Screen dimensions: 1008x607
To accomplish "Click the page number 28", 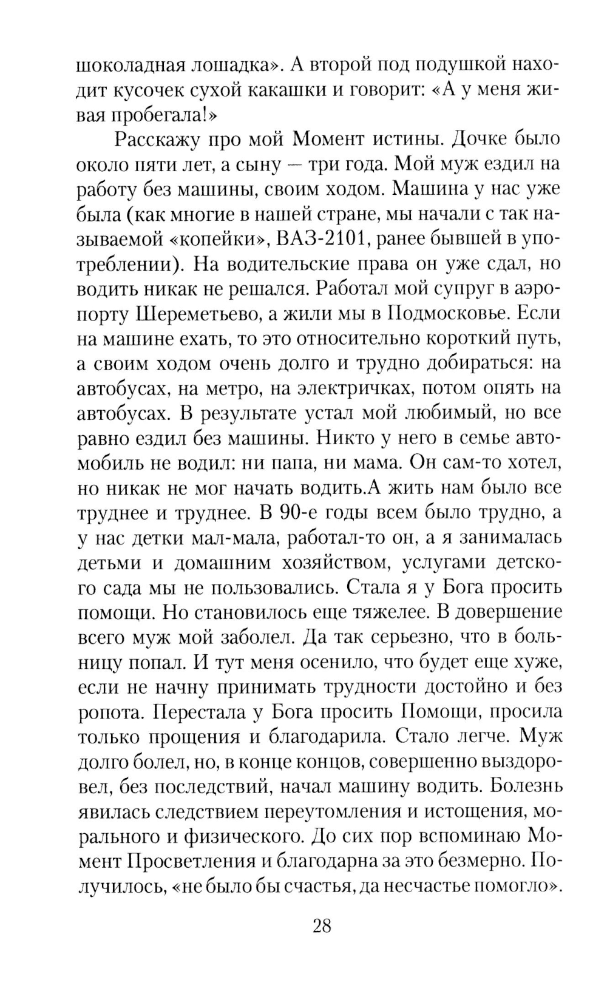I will pos(322,926).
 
